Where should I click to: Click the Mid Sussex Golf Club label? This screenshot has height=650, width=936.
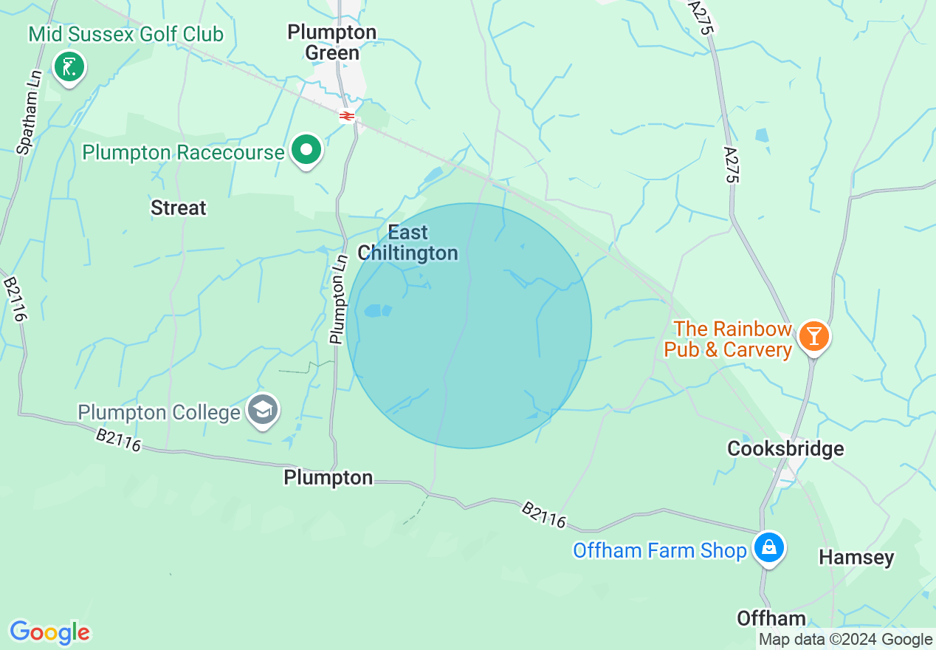pos(126,34)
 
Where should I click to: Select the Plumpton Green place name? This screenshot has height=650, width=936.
pos(332,42)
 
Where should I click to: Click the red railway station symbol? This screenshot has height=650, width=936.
pos(346,116)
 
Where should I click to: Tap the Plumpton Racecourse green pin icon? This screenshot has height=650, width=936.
pos(306,151)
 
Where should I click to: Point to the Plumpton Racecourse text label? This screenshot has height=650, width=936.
pos(183,153)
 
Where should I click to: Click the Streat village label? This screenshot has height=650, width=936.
pos(179,208)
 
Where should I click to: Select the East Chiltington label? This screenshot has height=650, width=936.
pos(408,243)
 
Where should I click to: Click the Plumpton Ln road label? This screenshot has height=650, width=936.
pos(339,299)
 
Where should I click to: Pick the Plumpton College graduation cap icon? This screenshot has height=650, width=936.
pos(262,410)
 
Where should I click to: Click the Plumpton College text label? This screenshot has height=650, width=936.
pos(159,411)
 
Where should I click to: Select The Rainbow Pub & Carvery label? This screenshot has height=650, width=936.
pos(728,339)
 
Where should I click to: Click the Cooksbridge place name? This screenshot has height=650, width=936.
pos(785,448)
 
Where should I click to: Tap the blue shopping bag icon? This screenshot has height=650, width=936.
pos(768,548)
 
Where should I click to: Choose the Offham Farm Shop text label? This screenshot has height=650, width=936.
pos(660,550)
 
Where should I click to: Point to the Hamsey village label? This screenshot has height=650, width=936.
pos(856,558)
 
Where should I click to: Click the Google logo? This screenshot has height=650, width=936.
pos(49,632)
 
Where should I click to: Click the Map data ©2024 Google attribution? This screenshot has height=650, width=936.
pos(846,640)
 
